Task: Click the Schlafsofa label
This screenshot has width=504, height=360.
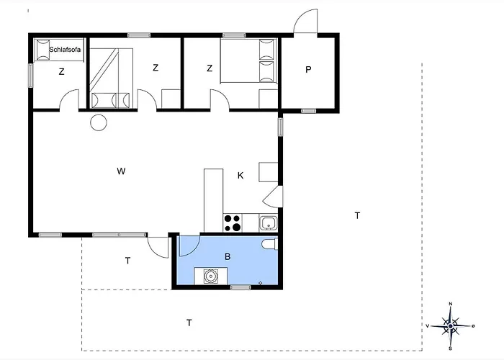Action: (x=65, y=49)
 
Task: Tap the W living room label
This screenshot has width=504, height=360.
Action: (x=122, y=171)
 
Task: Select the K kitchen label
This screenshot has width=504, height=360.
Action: (x=240, y=175)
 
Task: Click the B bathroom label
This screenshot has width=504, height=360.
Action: (x=228, y=256)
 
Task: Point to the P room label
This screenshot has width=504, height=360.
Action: (x=308, y=70)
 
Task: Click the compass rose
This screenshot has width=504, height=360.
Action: (x=450, y=327)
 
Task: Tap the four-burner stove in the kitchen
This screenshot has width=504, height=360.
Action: (x=233, y=223)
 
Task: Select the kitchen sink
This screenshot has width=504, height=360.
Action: (x=268, y=223)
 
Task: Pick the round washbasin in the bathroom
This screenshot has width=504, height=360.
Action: (x=212, y=275)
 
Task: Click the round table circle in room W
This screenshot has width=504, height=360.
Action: (x=98, y=123)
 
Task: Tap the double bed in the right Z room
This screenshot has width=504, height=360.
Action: (x=248, y=62)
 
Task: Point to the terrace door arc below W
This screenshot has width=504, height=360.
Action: (x=158, y=246)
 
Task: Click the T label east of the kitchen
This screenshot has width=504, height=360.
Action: (x=356, y=215)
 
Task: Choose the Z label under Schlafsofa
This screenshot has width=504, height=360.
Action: (x=62, y=71)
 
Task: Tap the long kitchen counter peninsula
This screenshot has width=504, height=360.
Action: (x=213, y=199)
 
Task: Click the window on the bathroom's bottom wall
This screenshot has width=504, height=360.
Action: (x=240, y=287)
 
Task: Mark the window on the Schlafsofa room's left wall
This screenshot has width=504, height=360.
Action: (x=32, y=74)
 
